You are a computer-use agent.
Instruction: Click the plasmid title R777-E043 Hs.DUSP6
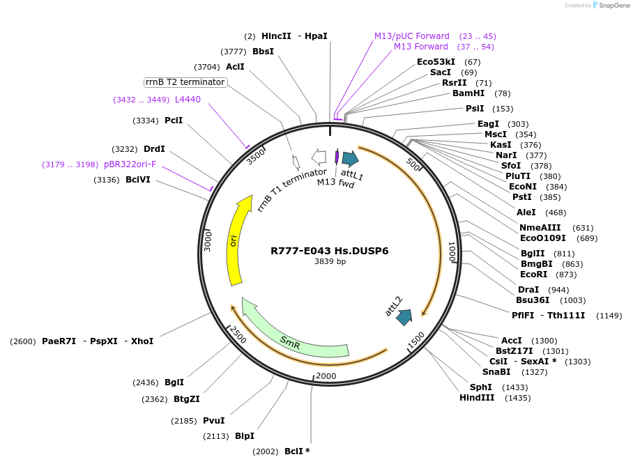330,251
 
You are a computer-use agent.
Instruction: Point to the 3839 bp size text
330,262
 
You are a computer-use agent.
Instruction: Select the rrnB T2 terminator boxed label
185,82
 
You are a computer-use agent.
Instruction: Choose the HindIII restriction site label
477,398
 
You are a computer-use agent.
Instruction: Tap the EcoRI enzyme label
534,274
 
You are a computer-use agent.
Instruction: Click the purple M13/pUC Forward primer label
412,36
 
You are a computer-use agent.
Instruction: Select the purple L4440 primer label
188,100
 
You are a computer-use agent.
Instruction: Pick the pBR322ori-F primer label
130,164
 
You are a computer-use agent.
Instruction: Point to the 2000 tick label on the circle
326,376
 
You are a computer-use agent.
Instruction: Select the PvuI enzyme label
213,420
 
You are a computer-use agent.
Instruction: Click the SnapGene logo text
615,6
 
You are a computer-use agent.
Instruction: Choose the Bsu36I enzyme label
533,300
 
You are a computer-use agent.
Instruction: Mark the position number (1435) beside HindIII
518,398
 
